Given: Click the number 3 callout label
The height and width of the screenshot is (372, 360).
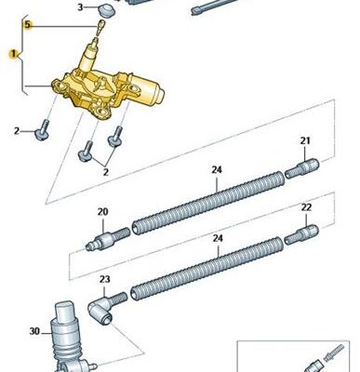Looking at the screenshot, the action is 80,7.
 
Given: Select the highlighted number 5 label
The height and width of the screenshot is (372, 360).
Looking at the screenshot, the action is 28,24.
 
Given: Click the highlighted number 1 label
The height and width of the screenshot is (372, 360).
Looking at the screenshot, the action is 13,54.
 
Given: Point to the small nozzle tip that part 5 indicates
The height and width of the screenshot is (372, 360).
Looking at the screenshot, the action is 100,26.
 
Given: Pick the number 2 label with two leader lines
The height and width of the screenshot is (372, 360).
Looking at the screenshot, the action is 106,172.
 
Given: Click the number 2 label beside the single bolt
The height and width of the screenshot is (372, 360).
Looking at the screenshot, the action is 17,131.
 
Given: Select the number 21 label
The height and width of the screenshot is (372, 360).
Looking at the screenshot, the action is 305,140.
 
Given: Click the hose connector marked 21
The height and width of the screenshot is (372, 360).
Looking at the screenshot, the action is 301,168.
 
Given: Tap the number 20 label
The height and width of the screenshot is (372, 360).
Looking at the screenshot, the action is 103,212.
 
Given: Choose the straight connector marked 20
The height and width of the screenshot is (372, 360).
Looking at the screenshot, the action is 108,239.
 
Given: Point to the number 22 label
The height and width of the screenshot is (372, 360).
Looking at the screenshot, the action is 306,207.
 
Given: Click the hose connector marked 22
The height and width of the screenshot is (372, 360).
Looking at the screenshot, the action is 301,234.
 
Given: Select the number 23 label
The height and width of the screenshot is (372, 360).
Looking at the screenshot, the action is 104,280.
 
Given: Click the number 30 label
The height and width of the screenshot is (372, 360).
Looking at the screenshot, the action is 34,331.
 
